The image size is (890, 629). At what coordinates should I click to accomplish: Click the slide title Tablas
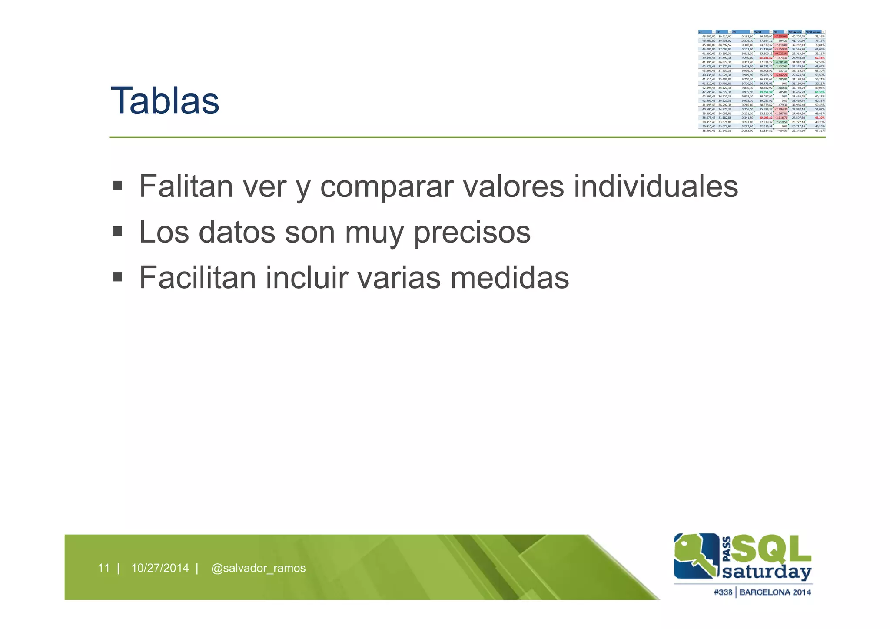click(165, 101)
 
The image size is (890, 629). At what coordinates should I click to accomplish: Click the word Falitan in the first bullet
click(186, 186)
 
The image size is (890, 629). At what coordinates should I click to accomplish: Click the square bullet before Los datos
click(117, 231)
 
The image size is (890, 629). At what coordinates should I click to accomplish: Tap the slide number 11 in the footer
click(103, 568)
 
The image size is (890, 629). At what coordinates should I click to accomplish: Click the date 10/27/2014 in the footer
click(160, 568)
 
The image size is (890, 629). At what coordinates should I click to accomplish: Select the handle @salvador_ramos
click(258, 568)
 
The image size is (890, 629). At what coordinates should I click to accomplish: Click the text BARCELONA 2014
click(775, 592)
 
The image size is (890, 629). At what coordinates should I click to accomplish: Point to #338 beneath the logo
click(723, 592)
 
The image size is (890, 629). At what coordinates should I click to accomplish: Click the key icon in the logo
click(695, 556)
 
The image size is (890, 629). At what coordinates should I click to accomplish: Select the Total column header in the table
click(758, 32)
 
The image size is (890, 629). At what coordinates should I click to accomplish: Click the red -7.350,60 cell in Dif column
click(780, 37)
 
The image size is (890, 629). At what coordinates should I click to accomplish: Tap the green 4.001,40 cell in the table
click(781, 62)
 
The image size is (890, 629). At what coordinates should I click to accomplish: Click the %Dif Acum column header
click(814, 32)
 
